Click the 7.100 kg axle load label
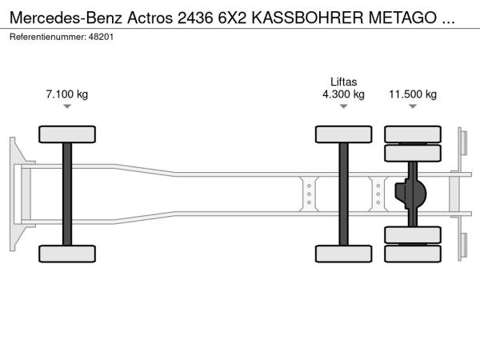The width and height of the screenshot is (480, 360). pos(67,94)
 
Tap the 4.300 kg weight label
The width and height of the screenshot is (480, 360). pos(343,94)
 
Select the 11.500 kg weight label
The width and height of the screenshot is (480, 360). pos(413,94)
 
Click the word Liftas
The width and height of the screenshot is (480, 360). pos(343,82)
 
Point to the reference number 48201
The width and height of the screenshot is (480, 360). pos(101,37)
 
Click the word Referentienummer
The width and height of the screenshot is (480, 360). pos(48,37)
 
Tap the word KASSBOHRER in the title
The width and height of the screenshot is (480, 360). pos(307,18)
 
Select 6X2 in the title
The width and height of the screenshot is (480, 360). pos(232,18)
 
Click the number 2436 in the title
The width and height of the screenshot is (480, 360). pos(195,18)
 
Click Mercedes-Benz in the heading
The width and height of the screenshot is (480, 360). pos(66,18)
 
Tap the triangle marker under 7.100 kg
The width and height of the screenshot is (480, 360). pos(67,106)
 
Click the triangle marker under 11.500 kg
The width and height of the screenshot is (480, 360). pos(413,106)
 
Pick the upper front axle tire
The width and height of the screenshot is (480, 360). pos(67,134)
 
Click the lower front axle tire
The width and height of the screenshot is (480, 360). pos(67,254)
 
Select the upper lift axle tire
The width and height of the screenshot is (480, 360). pos(343,134)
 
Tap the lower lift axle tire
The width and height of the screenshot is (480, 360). pos(343,254)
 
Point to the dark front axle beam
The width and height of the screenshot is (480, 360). pos(67,194)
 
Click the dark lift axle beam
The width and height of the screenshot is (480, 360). pos(343,194)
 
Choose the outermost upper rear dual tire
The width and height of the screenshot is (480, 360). pos(413,134)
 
